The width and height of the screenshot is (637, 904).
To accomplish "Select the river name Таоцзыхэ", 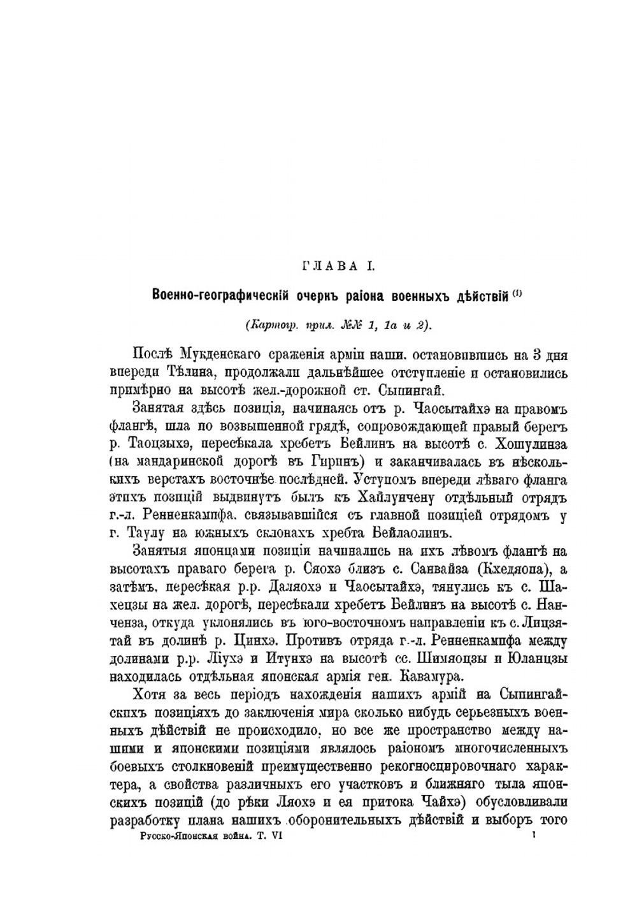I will (x=158, y=443).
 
